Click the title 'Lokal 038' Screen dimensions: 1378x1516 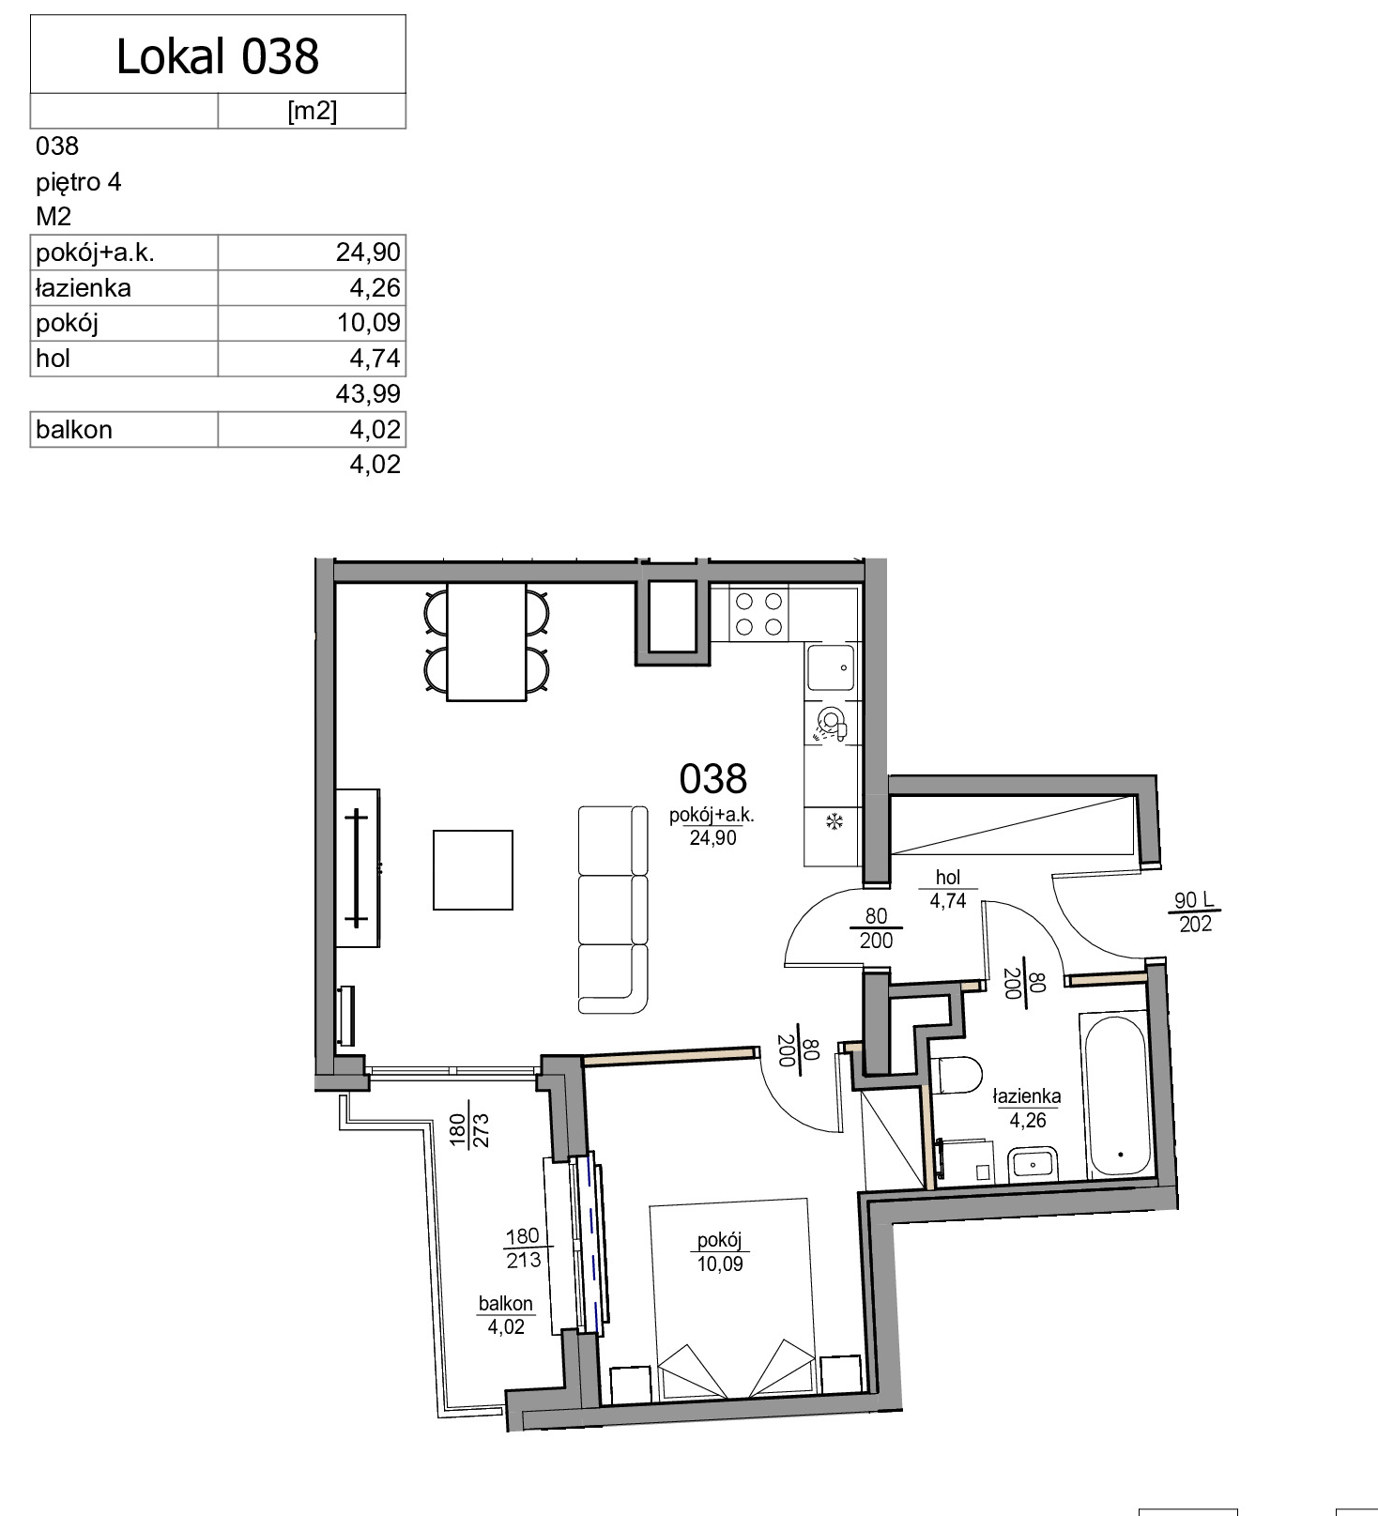pyautogui.click(x=218, y=56)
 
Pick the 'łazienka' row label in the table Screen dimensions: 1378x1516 pyautogui.click(x=83, y=288)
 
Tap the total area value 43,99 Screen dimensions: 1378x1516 pyautogui.click(x=368, y=393)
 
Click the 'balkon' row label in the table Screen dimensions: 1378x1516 pyautogui.click(x=74, y=429)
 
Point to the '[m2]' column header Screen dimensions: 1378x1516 pyautogui.click(x=312, y=111)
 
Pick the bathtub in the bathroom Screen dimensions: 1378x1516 pyautogui.click(x=1116, y=1095)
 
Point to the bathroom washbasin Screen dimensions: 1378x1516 pyautogui.click(x=1033, y=1164)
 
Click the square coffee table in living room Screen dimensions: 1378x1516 pyautogui.click(x=473, y=870)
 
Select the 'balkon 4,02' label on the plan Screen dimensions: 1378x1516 pyautogui.click(x=506, y=1315)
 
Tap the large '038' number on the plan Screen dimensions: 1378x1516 pyautogui.click(x=713, y=778)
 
